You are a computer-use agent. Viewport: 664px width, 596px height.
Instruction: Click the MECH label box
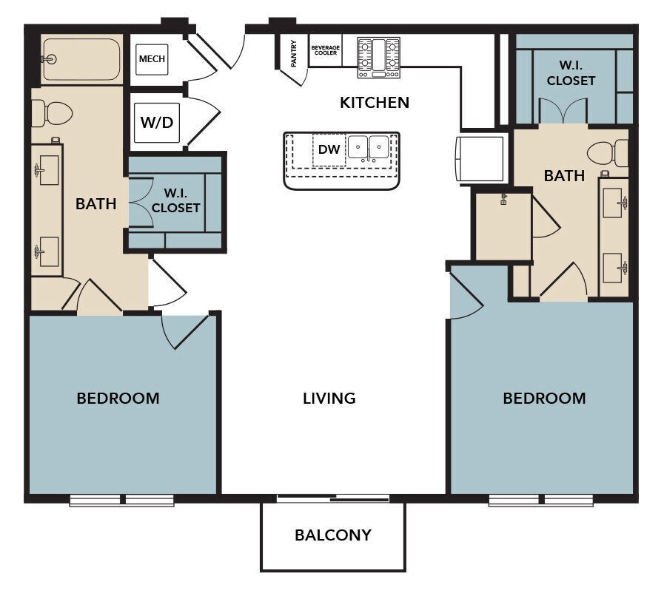pos(152,59)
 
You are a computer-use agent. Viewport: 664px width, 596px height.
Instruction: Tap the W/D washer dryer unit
pos(157,122)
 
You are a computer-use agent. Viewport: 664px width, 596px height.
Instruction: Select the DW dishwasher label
pos(329,149)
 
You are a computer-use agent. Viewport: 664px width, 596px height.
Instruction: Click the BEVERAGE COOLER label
pos(325,50)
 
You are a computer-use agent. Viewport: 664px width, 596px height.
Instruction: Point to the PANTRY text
pos(293,54)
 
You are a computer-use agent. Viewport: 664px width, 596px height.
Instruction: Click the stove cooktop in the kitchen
pos(379,58)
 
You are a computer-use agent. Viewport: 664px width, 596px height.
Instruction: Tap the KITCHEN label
pos(375,102)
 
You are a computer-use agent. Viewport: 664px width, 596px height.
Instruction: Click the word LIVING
pos(329,398)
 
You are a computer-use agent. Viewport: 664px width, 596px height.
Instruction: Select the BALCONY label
pos(333,535)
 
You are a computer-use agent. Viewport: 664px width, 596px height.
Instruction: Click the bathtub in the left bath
pos(81,59)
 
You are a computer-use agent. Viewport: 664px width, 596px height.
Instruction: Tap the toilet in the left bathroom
pos(52,113)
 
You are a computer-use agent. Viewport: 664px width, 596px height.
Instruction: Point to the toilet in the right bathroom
pos(608,153)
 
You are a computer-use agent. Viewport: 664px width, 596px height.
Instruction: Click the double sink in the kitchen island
pos(369,147)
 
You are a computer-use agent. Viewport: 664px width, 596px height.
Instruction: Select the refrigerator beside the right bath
pos(481,158)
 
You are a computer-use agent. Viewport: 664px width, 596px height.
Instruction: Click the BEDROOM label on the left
pos(118,399)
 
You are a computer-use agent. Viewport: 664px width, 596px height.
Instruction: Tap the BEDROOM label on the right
pos(544,399)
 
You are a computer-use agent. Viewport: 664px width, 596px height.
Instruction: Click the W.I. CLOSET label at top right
pos(571,73)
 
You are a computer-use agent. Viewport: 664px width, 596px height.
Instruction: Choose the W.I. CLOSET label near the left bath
pos(175,200)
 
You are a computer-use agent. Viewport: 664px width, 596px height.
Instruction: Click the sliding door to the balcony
pos(333,498)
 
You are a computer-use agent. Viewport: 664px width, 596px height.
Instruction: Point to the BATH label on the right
pos(564,175)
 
